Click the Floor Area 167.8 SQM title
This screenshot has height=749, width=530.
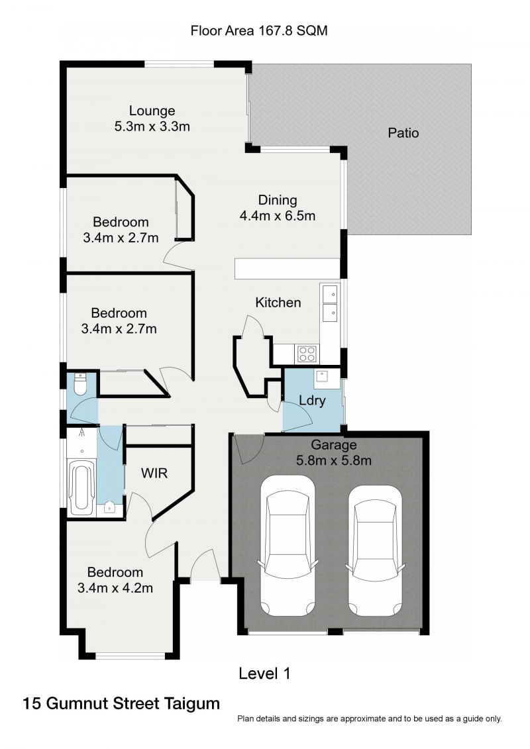coord(259,30)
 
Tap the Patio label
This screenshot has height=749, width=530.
coord(403,132)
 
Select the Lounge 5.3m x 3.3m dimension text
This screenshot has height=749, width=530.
coord(152,126)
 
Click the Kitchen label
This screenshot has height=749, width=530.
coord(278,303)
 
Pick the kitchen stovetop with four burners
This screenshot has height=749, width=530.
coord(307,354)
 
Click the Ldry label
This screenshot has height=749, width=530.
coord(311,401)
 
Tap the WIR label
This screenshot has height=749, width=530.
coord(154,474)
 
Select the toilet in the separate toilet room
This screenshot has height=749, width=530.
coord(80,383)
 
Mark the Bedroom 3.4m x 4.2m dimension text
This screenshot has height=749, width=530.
coord(115,587)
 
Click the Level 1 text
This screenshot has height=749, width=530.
coord(264,674)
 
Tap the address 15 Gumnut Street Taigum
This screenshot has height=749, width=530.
coord(121,703)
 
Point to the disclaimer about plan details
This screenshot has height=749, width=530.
coord(369,719)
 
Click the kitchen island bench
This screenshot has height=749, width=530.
coord(286,268)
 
